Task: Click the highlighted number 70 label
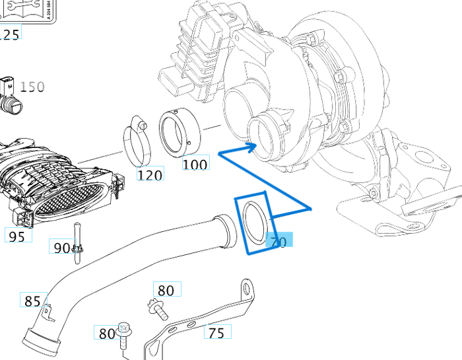[279, 242]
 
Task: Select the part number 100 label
[195, 163]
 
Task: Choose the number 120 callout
[150, 174]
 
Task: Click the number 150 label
[32, 87]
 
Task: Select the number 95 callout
[18, 235]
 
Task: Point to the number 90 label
[61, 248]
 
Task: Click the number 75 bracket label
[216, 333]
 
